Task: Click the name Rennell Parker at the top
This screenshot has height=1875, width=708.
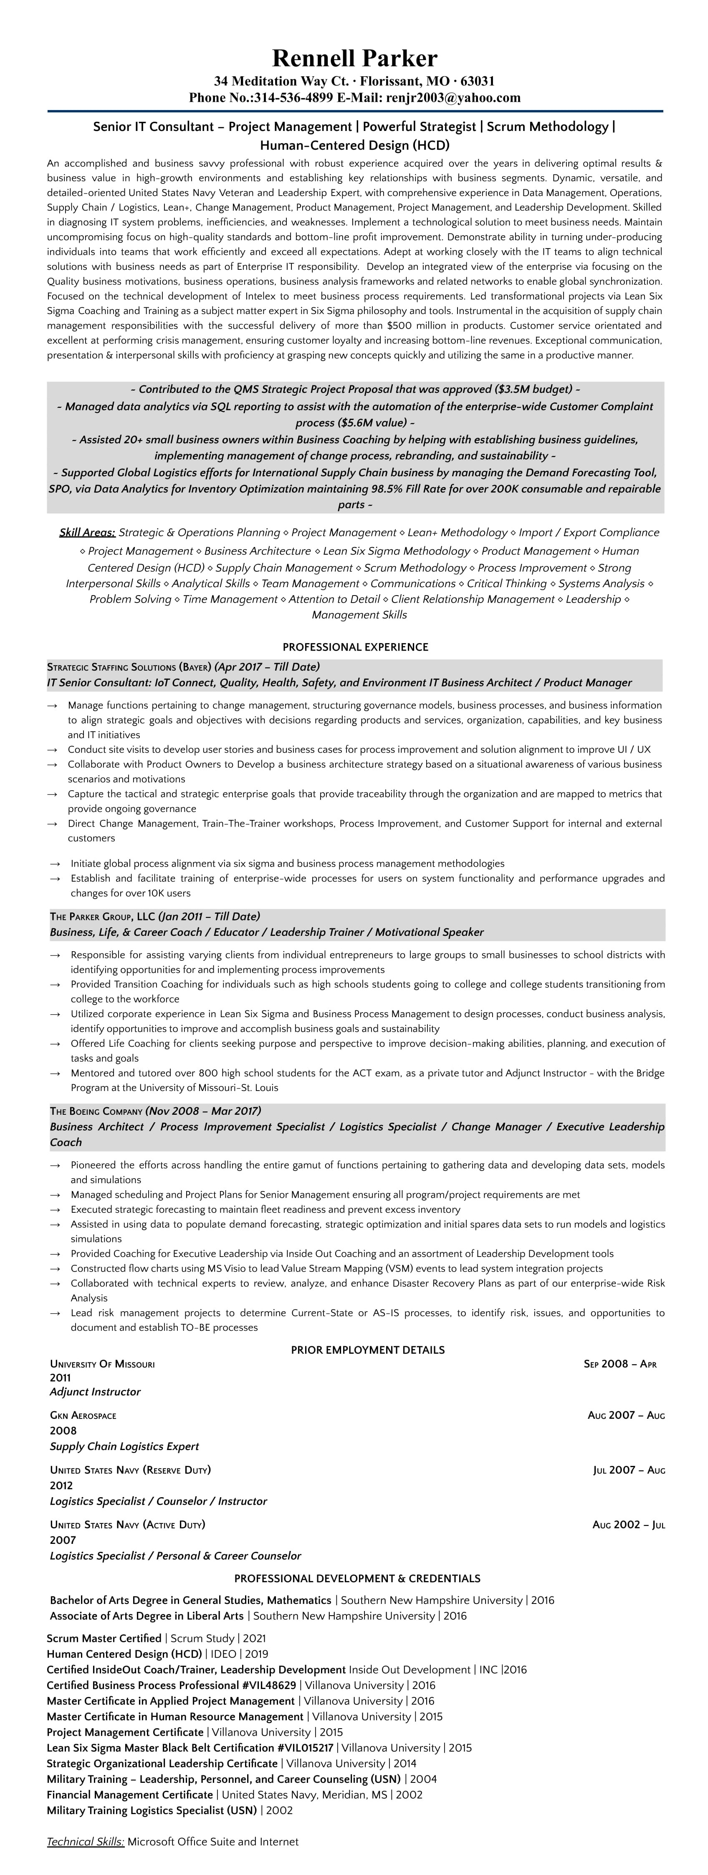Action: point(355,58)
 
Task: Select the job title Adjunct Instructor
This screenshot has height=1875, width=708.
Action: point(95,1392)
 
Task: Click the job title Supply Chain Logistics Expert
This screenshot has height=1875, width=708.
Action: point(124,1446)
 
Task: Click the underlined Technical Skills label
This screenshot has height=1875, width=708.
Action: point(85,1842)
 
